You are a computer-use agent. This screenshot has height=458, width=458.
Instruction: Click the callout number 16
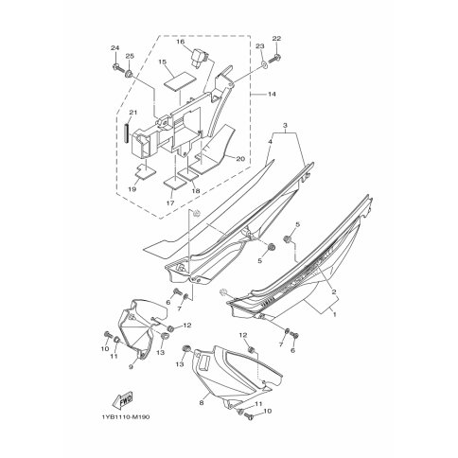coord(181,42)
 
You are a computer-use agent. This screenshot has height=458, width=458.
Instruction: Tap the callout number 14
coord(272,94)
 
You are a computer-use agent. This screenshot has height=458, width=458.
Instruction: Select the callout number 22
coord(276,39)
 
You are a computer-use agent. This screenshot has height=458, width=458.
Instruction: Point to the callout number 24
coord(115,48)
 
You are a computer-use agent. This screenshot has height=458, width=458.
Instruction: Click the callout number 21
coord(133,113)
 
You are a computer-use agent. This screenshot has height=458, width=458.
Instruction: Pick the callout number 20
coord(240,159)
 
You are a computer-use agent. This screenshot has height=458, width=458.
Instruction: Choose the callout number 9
coord(132,367)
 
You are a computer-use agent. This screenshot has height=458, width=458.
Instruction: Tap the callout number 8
coord(202,403)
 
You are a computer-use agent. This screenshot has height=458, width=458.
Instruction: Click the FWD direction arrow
coord(122,400)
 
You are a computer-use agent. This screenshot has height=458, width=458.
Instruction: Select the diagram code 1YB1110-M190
coord(126,417)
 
